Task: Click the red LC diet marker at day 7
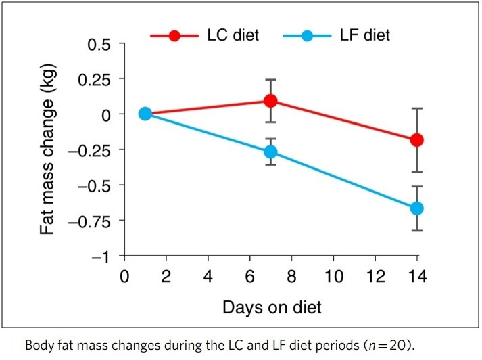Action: click(x=270, y=101)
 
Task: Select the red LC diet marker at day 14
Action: click(x=417, y=140)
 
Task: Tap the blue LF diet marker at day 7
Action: click(x=270, y=152)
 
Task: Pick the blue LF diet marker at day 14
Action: click(x=417, y=208)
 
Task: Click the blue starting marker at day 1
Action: click(x=145, y=114)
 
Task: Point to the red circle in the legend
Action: click(x=174, y=35)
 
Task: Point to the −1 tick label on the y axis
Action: click(x=101, y=256)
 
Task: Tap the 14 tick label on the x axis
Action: click(x=416, y=277)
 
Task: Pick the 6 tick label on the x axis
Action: click(x=249, y=277)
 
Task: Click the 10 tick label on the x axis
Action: click(x=333, y=277)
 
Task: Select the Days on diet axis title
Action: click(x=272, y=307)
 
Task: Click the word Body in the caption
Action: click(x=39, y=345)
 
